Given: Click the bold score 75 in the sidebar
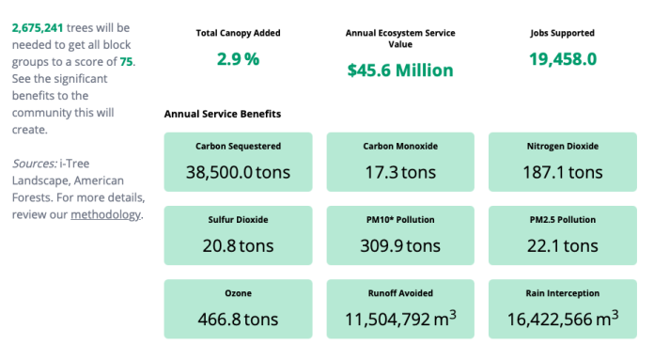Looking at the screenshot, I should click(x=126, y=61).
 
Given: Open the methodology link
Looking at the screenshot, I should click(x=105, y=214).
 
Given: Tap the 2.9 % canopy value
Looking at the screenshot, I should click(x=238, y=59).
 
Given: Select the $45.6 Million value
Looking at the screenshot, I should click(x=399, y=70).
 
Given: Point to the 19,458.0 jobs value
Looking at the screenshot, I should click(x=562, y=59).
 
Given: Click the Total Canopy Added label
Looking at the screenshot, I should click(x=238, y=33).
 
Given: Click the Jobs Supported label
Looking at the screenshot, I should click(x=562, y=33).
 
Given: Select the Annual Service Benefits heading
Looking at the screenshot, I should click(x=222, y=114).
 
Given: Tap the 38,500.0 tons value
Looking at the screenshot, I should click(x=238, y=172).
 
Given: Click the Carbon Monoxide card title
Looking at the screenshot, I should click(x=400, y=147).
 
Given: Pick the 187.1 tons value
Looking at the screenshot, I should click(x=562, y=172).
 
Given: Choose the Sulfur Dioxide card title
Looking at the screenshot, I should click(x=238, y=220).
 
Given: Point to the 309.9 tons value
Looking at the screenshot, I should click(x=400, y=245).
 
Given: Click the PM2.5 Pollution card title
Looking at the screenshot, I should click(x=562, y=220).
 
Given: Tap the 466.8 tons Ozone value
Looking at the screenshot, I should click(x=238, y=319).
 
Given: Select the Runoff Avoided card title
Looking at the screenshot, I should click(x=400, y=293).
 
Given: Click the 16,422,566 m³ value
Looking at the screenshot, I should click(x=562, y=319).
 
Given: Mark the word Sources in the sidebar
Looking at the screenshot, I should click(x=32, y=164).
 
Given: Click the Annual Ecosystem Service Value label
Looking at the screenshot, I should click(x=399, y=39).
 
